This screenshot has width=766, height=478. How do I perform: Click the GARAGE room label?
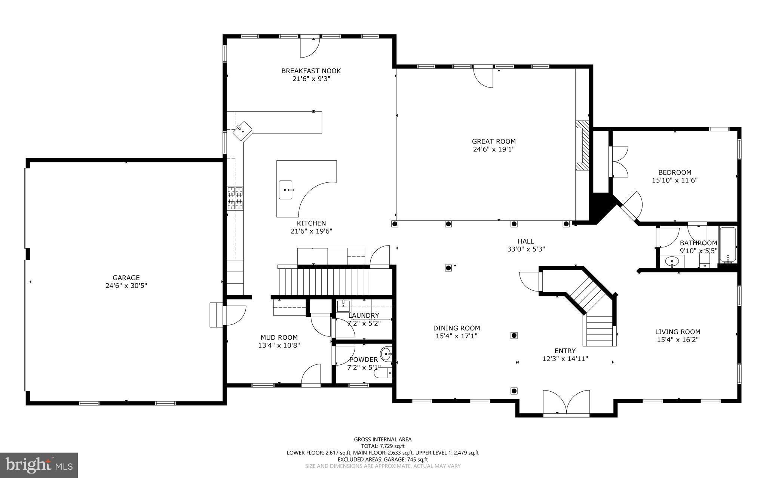tap(126, 278)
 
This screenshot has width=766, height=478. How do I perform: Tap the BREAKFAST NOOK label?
tap(311, 71)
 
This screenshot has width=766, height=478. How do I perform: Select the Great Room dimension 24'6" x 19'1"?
tap(493, 149)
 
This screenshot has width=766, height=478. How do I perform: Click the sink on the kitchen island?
tap(286, 190)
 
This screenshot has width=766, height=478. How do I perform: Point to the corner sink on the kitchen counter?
tap(242, 130)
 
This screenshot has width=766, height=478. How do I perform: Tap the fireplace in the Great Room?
tap(582, 146)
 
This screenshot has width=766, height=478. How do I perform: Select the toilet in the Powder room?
tap(383, 373)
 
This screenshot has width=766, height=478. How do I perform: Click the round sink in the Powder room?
tap(386, 352)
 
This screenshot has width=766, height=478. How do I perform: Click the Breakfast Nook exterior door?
tap(310, 48)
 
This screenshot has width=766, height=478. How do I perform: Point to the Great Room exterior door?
tap(483, 78)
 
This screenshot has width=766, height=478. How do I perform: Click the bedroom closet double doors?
tap(619, 161)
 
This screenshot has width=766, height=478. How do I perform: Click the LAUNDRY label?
tap(364, 315)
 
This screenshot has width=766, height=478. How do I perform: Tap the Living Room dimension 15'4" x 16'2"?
tap(677, 340)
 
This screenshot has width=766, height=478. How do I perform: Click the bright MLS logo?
tap(39, 465)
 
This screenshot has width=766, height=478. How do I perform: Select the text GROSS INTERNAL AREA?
tap(383, 440)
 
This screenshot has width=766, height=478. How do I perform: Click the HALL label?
tap(526, 241)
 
